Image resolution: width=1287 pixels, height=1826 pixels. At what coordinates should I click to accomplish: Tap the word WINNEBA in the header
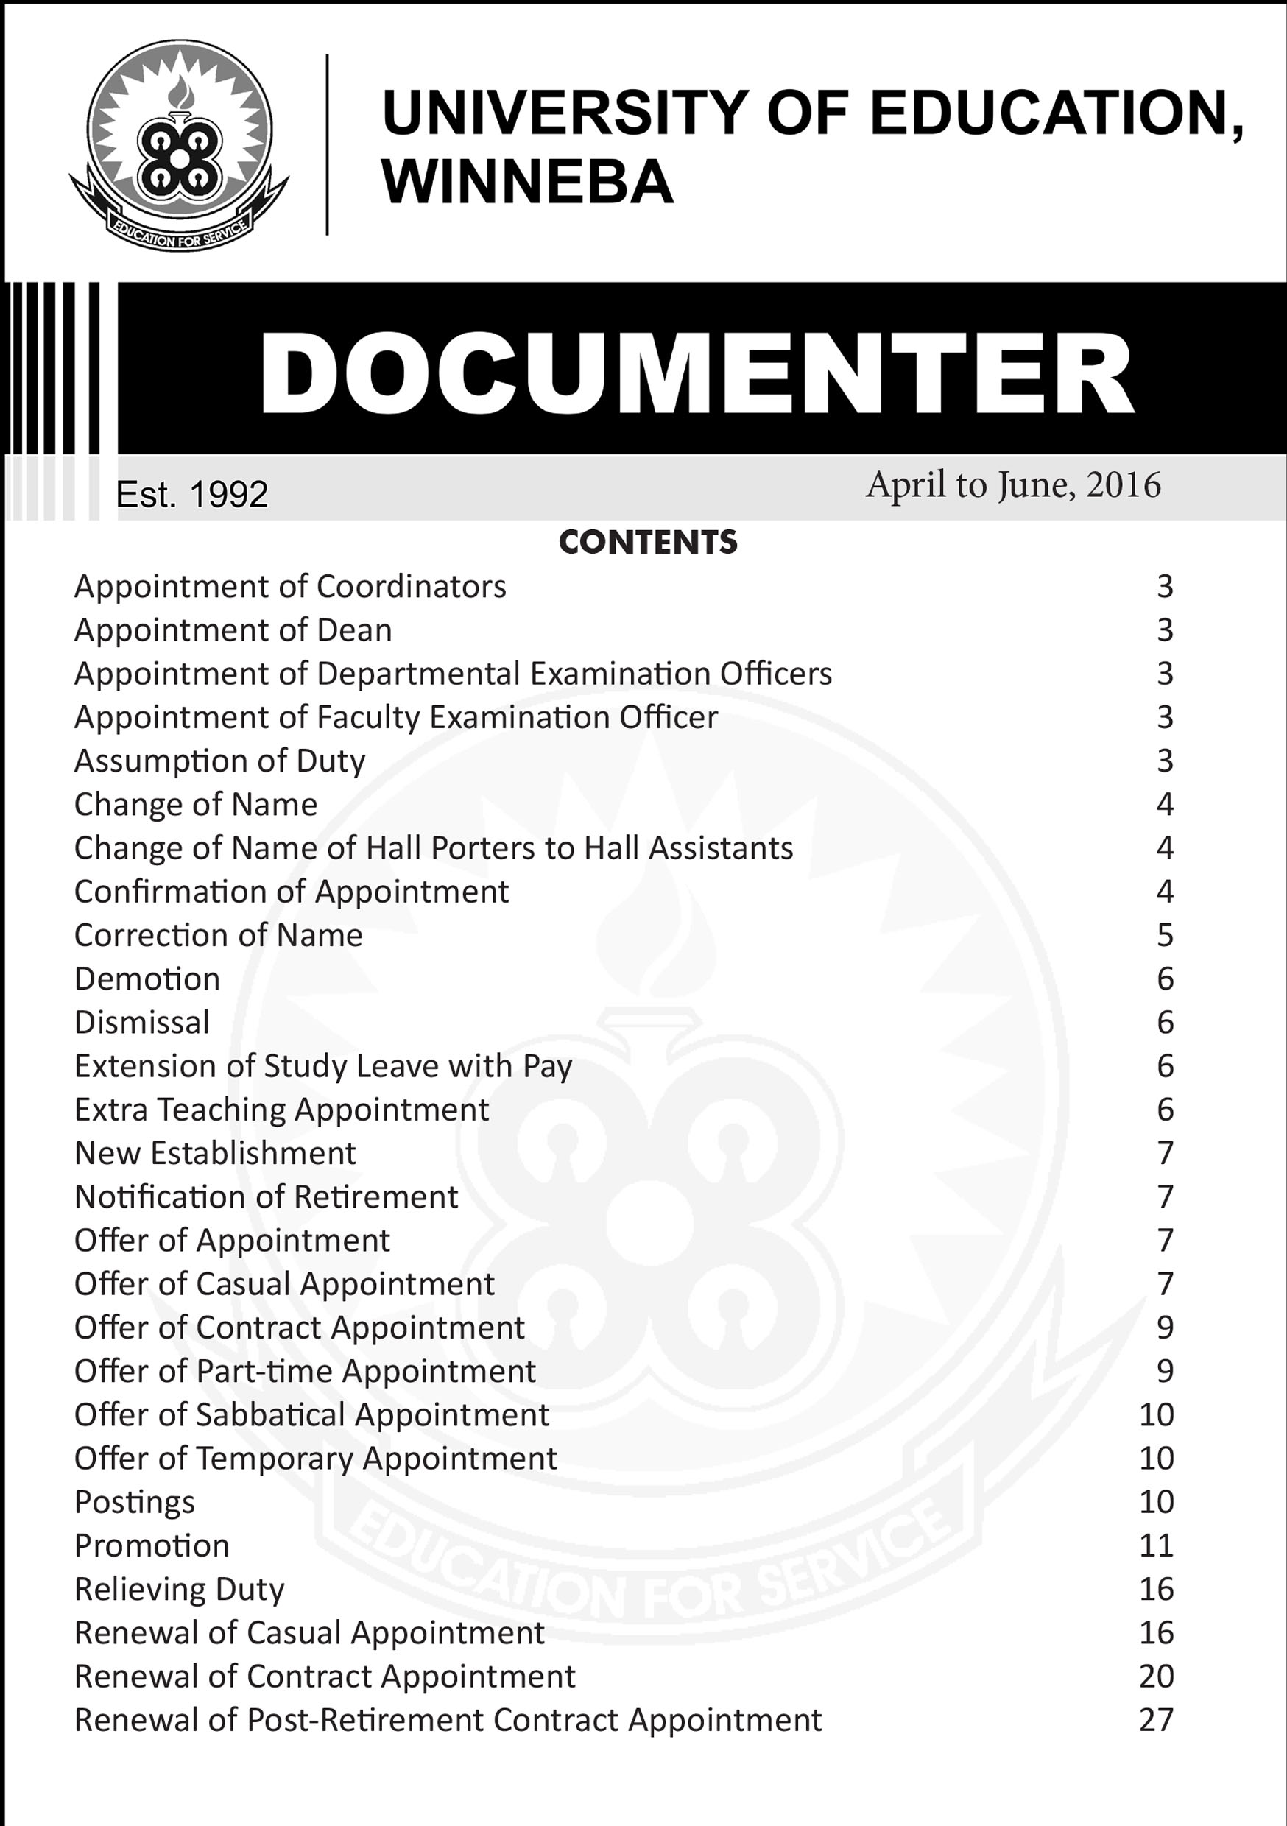527,182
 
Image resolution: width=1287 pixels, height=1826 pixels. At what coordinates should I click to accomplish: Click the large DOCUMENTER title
697,373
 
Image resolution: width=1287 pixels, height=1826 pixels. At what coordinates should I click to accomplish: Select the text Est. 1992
191,495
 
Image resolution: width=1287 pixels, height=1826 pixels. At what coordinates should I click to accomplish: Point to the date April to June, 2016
1012,484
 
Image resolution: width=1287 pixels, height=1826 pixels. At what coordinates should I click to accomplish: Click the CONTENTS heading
647,543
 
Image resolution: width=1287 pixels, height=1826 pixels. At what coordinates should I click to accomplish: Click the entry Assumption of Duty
219,761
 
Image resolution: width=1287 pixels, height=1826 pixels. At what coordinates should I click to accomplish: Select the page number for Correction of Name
1165,935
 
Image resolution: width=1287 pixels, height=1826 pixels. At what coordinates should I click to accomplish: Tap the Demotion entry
147,979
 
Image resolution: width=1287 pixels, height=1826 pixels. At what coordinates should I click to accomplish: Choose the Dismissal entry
141,1023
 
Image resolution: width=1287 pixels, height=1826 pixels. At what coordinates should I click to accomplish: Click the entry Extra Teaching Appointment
281,1110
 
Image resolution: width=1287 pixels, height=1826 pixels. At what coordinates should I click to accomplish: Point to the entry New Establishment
215,1153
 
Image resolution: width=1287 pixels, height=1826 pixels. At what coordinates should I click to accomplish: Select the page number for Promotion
1156,1546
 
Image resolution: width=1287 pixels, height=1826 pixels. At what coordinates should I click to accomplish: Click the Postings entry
135,1502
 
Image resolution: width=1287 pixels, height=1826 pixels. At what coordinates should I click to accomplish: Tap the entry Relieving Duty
179,1590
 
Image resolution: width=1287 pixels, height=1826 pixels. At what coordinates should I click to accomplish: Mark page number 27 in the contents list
1156,1720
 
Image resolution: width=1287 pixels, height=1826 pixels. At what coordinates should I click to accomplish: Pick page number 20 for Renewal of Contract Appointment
1156,1677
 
